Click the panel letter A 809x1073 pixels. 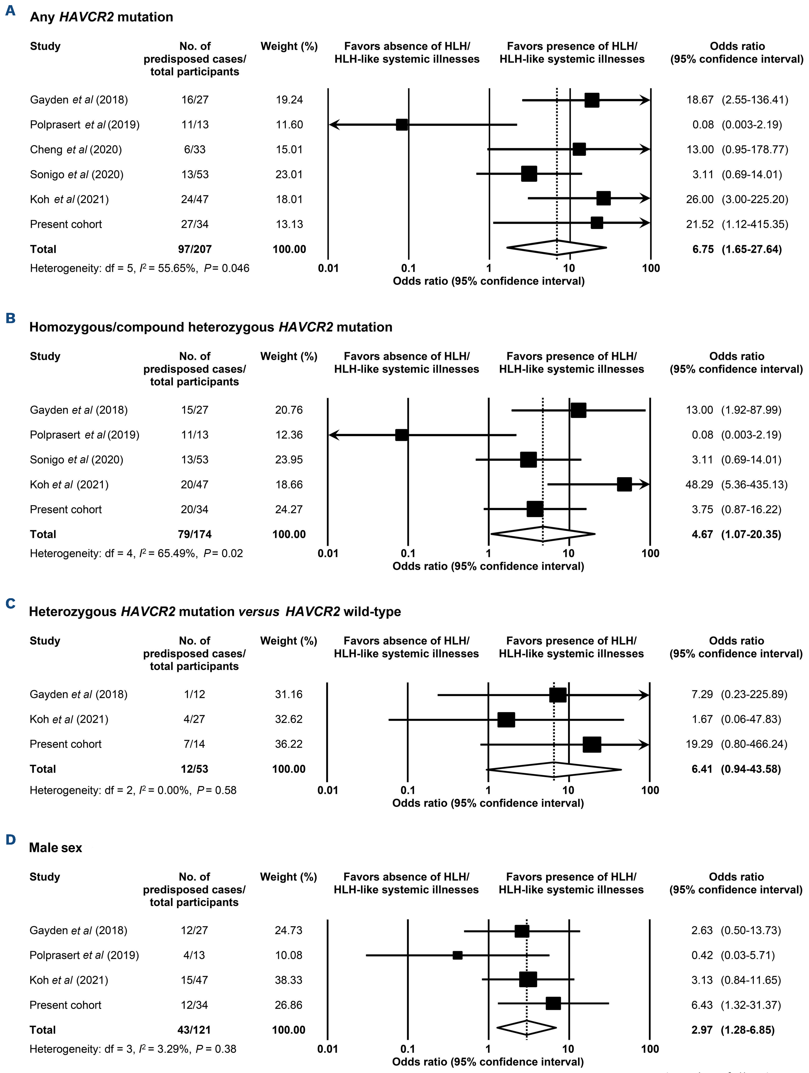tap(10, 11)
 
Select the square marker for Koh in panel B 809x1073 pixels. tap(624, 484)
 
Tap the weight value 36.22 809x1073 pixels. tap(289, 744)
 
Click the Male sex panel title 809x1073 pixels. tap(56, 848)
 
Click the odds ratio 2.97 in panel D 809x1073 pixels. tap(702, 1030)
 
